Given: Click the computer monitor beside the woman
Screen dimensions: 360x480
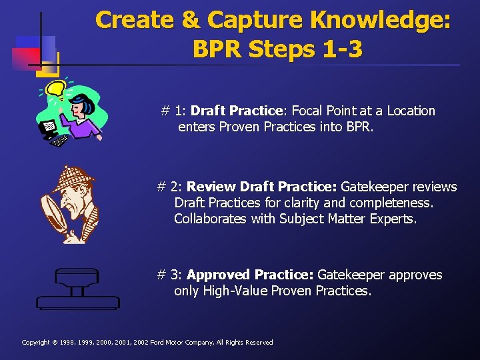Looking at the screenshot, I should click(x=49, y=127).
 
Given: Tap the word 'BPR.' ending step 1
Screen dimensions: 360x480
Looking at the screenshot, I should click(x=359, y=127).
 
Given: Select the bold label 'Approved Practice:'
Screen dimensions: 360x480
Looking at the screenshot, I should click(x=250, y=275).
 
